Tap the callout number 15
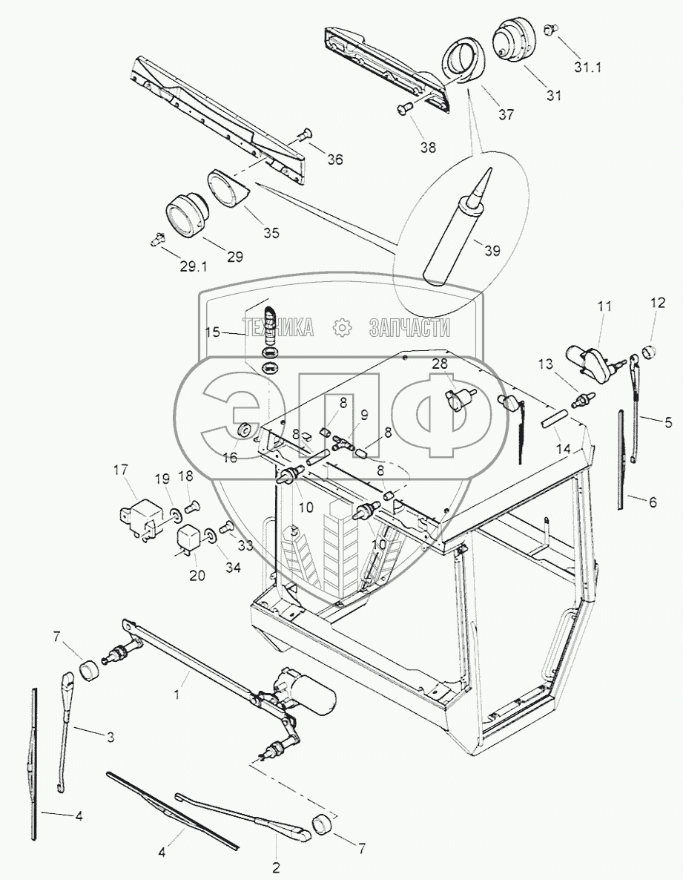pos(213,332)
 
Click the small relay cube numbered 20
pos(191,535)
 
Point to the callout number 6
pos(653,502)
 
